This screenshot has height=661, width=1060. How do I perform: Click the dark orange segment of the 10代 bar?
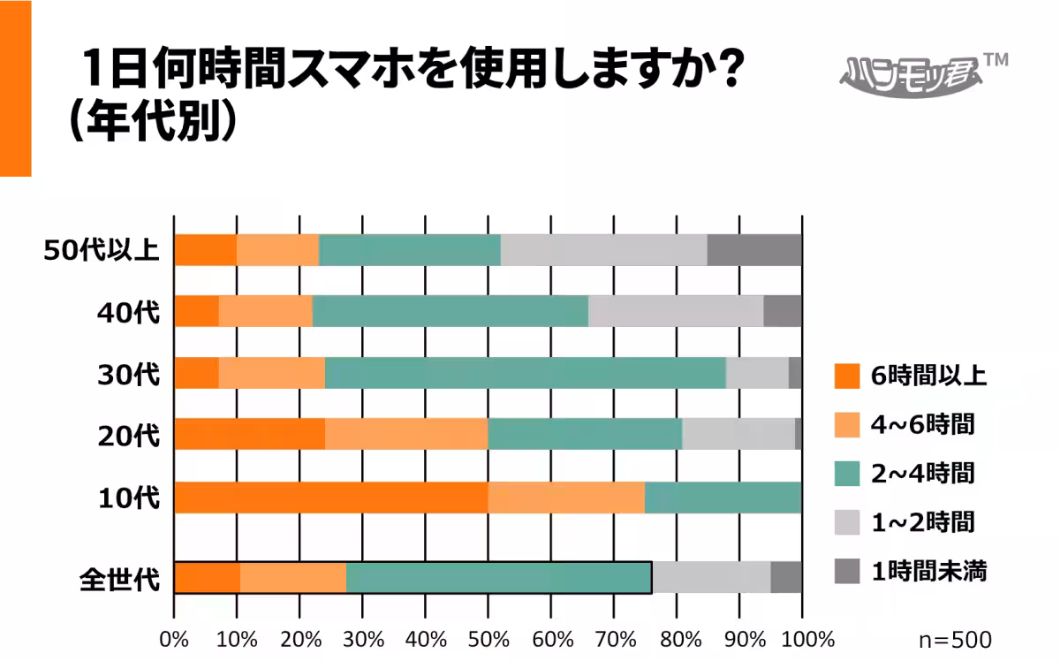tap(330, 498)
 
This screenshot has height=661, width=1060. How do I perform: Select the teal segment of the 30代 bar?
tap(526, 374)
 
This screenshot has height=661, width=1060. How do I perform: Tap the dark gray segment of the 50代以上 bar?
tap(754, 250)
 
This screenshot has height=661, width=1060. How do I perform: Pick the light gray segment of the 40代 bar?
tap(676, 312)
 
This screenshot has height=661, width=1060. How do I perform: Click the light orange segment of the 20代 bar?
tap(406, 436)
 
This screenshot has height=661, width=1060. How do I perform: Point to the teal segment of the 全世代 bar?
tap(499, 577)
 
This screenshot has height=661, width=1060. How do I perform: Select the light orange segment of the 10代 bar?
tap(566, 498)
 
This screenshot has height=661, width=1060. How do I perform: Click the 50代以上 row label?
tap(102, 251)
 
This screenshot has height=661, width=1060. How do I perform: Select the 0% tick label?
tap(174, 638)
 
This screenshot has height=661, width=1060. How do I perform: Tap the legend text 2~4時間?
tap(922, 474)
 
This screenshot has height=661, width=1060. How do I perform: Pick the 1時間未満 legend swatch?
tap(847, 571)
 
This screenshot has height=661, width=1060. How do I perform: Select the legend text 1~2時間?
tap(922, 522)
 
